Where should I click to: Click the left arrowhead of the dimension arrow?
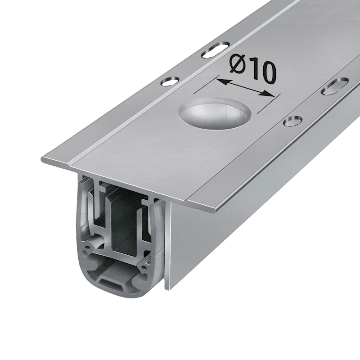click(221, 81)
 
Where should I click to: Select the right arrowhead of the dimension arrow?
click(269, 93)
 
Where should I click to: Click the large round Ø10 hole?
click(215, 112)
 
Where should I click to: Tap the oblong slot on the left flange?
click(216, 49)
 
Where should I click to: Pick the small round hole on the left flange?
click(170, 81)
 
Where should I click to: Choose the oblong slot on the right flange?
click(335, 86)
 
